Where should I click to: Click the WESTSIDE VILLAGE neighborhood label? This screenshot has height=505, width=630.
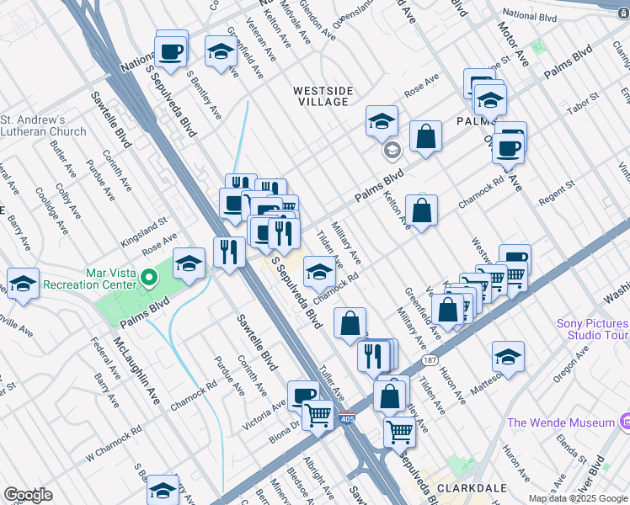pos(322,96)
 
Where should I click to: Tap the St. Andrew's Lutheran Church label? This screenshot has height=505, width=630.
pos(43,125)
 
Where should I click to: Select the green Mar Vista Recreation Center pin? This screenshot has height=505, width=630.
pos(149,277)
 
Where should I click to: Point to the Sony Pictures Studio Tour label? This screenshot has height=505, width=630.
pos(592,330)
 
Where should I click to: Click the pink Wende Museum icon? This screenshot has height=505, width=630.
pos(624,420)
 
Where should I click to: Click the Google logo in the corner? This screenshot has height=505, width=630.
pos(28,494)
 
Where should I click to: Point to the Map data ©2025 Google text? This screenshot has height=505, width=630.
pos(578,498)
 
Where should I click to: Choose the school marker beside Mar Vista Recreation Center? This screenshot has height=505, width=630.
pos(190,263)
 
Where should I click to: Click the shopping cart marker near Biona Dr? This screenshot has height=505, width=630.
pos(318,413)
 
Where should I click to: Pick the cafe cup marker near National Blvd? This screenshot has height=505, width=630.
pos(171,50)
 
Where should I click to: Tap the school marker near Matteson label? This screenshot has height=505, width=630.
pos(508,356)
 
